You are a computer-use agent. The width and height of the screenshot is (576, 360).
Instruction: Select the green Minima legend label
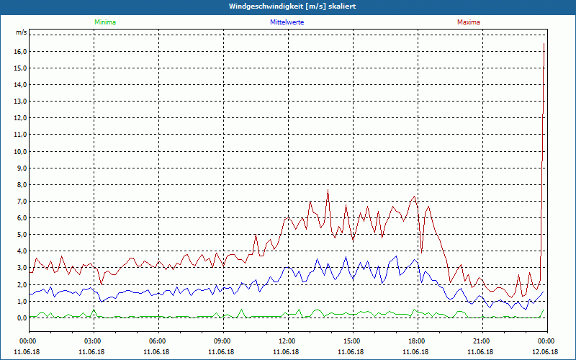(x=104, y=22)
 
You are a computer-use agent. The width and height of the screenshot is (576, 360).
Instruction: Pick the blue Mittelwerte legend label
(x=287, y=22)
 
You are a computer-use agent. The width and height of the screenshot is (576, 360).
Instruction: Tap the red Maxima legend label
(x=468, y=22)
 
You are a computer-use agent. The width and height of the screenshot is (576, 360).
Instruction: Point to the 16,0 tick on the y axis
(x=19, y=52)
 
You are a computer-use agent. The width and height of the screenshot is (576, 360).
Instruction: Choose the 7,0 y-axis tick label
(x=21, y=201)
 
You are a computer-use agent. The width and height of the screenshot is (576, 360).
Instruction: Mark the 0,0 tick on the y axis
(x=21, y=318)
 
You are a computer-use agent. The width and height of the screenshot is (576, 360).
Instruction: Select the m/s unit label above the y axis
(x=21, y=33)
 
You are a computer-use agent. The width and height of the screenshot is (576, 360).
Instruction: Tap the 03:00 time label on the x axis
(x=93, y=341)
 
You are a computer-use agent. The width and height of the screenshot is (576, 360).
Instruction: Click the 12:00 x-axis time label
(x=287, y=341)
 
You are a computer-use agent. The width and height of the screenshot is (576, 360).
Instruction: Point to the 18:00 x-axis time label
(x=417, y=341)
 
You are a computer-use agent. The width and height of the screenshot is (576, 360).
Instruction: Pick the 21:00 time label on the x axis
(x=482, y=341)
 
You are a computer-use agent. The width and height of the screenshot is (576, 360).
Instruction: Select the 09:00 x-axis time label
(x=222, y=341)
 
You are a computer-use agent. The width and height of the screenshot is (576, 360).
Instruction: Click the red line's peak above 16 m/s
(x=544, y=45)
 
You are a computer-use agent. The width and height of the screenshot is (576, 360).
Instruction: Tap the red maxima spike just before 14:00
(x=328, y=191)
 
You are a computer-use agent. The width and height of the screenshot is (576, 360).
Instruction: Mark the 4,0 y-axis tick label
(x=21, y=251)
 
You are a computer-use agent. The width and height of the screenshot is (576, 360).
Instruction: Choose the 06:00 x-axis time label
(x=158, y=341)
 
